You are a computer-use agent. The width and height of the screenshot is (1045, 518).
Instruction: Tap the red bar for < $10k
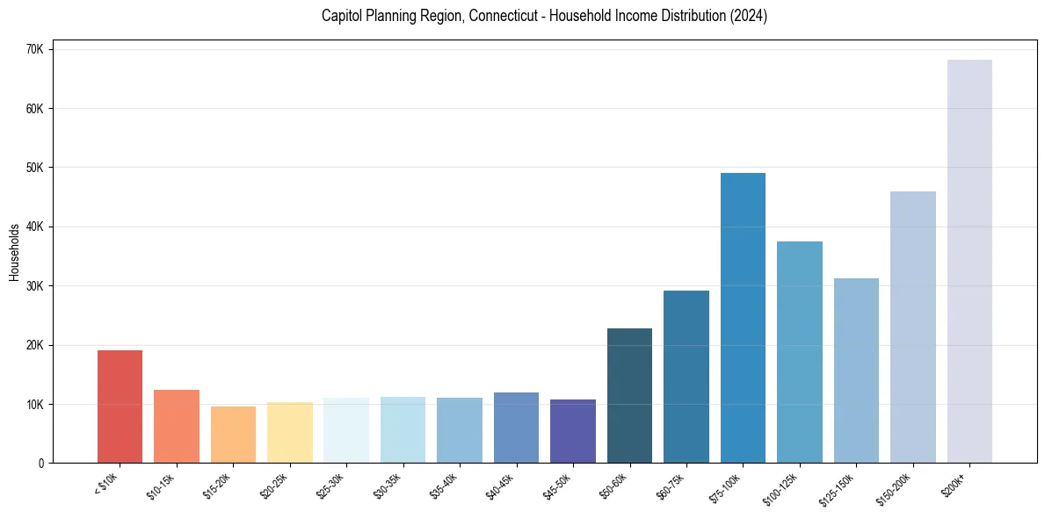coord(120,406)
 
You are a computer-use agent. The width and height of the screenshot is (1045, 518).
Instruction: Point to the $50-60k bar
coord(629,396)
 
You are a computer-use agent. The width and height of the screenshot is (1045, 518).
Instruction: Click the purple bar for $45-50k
coord(573,431)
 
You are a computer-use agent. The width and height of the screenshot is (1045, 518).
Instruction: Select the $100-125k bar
coord(800,352)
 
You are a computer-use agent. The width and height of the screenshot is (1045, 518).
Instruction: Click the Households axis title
coord(14,251)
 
